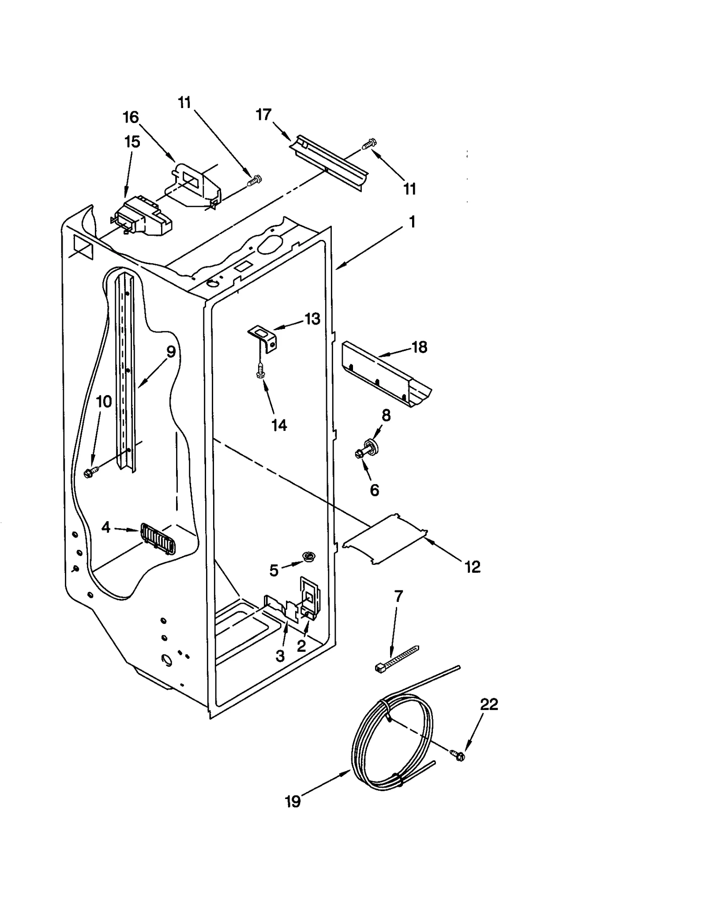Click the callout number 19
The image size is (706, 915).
pyautogui.click(x=293, y=801)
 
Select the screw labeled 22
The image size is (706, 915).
pyautogui.click(x=458, y=755)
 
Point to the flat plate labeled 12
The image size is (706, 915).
pyautogui.click(x=385, y=538)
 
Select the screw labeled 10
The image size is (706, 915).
pyautogui.click(x=90, y=473)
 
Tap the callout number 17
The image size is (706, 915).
pyautogui.click(x=263, y=115)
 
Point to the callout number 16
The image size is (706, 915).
pyautogui.click(x=131, y=117)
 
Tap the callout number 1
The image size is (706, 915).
pyautogui.click(x=412, y=222)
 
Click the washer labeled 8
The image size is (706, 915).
pyautogui.click(x=369, y=446)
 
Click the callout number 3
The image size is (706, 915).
pyautogui.click(x=280, y=656)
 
